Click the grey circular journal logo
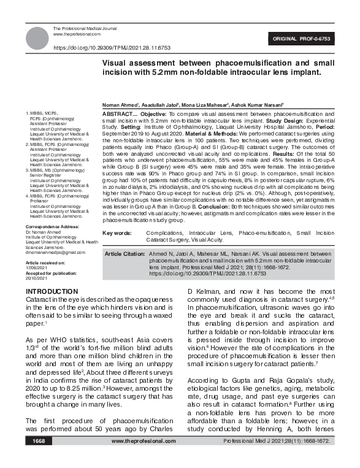point(37,37)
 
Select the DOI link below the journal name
point(112,47)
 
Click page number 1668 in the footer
point(39,458)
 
